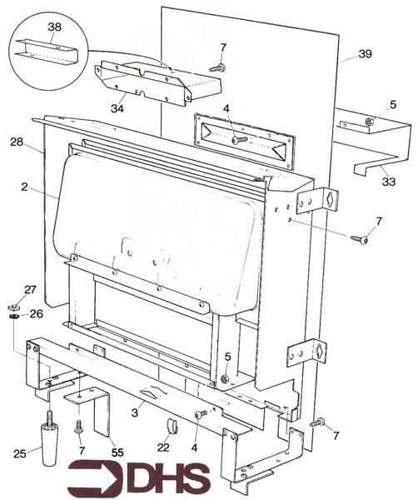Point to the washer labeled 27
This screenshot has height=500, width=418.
[13, 306]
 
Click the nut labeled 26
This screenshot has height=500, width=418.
[14, 317]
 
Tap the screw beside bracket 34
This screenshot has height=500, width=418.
[217, 67]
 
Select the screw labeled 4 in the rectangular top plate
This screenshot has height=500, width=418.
[240, 139]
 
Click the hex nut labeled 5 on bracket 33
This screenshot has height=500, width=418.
[370, 122]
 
